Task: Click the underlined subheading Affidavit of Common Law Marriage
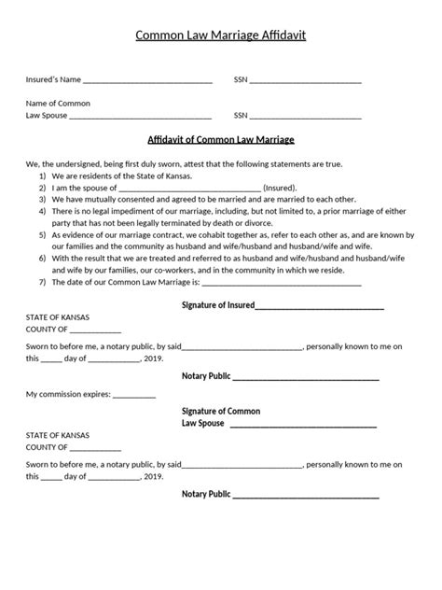[221, 140]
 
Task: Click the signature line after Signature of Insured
[319, 307]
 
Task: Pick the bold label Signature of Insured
[216, 305]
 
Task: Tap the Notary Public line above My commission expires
[305, 378]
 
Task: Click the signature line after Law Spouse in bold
[303, 425]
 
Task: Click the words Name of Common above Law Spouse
[58, 103]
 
